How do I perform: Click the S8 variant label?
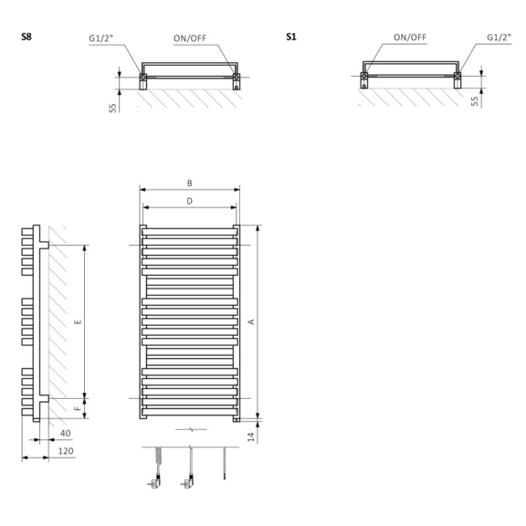26,37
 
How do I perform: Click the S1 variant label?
291,37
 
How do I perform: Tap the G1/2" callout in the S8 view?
101,38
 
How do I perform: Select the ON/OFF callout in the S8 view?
190,38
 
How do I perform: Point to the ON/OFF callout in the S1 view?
410,37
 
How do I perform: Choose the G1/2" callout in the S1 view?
500,37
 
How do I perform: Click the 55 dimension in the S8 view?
112,108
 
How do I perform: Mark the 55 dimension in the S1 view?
474,101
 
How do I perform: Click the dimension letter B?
190,184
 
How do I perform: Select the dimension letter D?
190,201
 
